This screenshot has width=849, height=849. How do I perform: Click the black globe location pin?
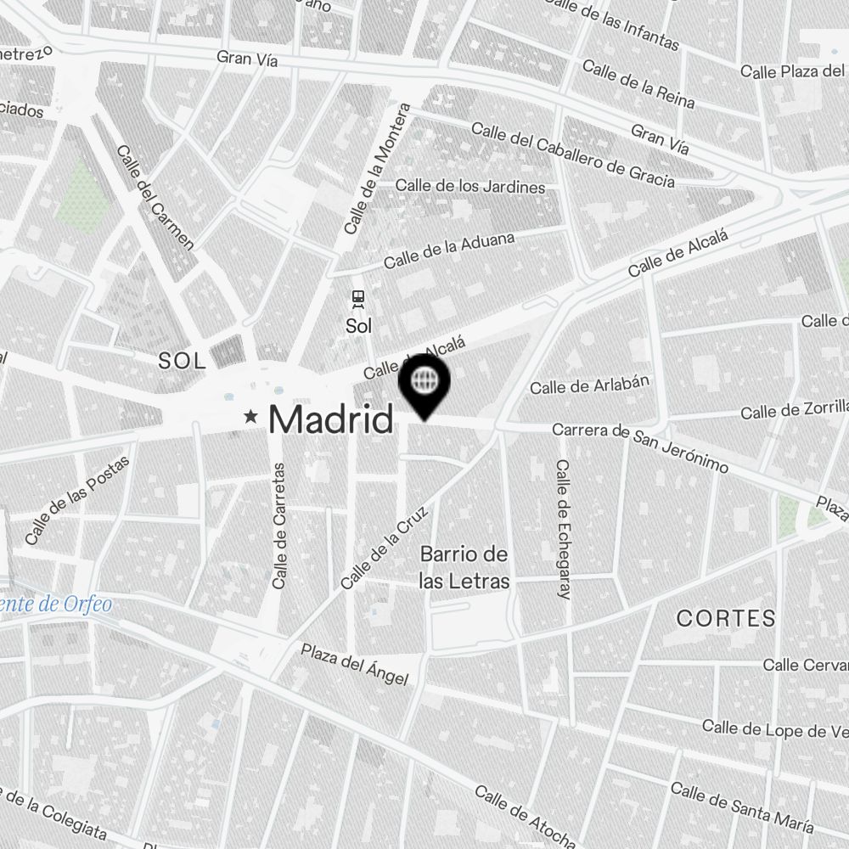point(424,384)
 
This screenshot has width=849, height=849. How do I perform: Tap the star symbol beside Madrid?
point(251,417)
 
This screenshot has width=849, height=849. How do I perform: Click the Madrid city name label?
point(331,419)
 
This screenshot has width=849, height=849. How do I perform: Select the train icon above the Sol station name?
point(358,298)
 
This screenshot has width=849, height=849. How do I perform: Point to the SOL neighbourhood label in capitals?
point(182,361)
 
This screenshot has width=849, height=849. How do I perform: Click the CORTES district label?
point(726,618)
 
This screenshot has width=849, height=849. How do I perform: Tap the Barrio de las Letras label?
point(464,568)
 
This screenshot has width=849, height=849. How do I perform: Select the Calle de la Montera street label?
point(378,169)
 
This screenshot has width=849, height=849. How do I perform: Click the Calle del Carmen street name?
point(155,198)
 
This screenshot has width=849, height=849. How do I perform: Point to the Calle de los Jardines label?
point(470,185)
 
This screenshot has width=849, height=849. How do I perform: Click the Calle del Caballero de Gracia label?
point(573,155)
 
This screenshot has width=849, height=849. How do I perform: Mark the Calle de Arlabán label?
point(589,385)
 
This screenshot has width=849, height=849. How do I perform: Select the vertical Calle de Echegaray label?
point(562,530)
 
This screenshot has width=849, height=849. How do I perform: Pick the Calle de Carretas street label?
point(279,526)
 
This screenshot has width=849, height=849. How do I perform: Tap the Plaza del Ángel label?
point(354,664)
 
